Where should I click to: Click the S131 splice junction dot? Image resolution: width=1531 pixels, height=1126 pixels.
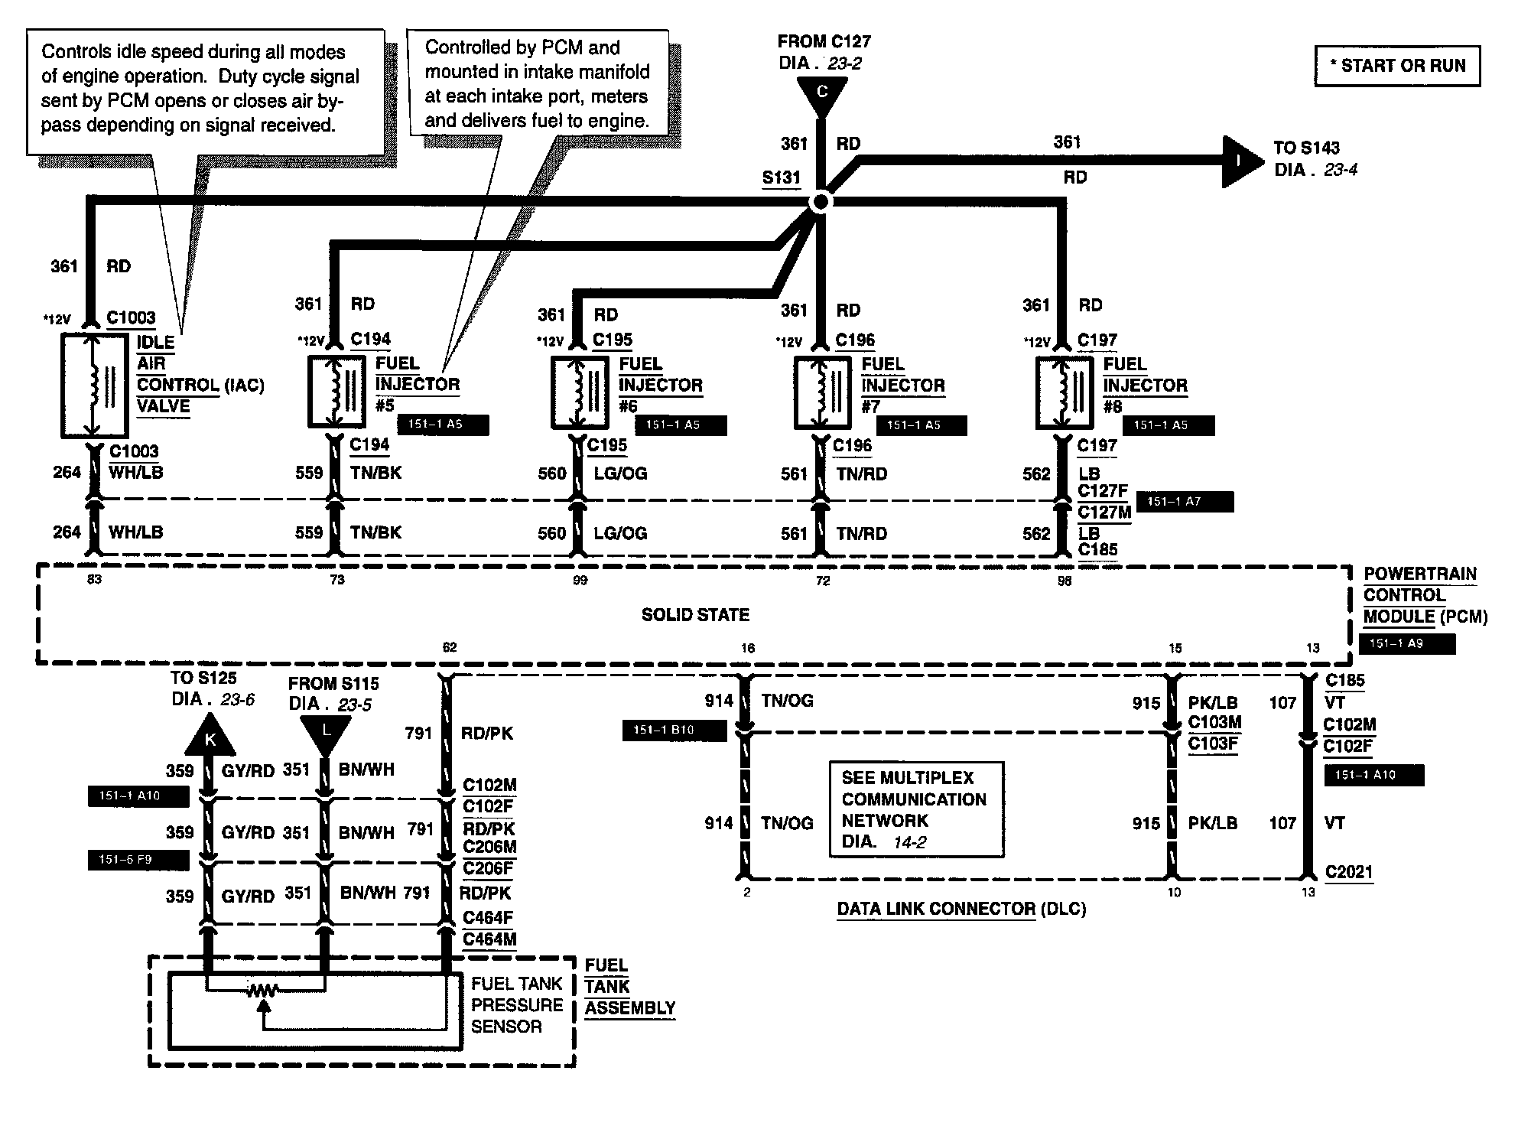tap(820, 202)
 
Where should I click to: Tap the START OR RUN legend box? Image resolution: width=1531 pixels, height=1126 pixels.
tap(1397, 66)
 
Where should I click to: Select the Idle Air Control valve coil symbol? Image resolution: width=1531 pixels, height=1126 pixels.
tap(94, 386)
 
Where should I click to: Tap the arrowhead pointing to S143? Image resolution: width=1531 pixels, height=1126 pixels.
tap(1243, 161)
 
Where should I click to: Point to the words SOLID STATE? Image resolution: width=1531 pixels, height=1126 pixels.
tap(695, 615)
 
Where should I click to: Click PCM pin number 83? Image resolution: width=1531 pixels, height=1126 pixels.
tap(94, 580)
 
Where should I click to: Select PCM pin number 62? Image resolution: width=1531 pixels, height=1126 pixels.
tap(450, 648)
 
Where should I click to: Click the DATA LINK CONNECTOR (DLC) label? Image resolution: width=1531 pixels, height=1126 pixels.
tap(961, 909)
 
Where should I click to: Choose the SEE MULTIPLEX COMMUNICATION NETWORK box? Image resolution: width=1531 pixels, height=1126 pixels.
tap(917, 809)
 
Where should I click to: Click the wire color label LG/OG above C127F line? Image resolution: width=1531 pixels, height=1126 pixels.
tap(620, 474)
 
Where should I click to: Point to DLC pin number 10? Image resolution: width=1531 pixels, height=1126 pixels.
tap(1174, 893)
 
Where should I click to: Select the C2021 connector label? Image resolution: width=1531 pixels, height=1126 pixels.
tap(1349, 872)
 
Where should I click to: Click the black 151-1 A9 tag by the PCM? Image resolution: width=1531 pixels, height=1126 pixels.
tap(1407, 644)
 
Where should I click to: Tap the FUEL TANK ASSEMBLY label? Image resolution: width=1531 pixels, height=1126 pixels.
tap(630, 987)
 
